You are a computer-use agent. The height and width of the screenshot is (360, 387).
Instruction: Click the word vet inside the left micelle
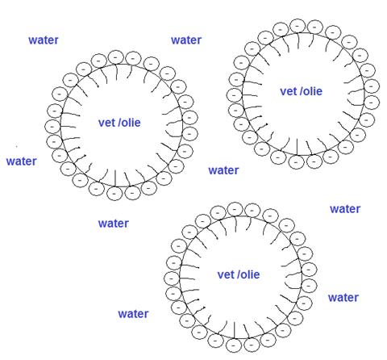click(x=107, y=123)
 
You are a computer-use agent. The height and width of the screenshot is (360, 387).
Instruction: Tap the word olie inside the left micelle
click(x=131, y=123)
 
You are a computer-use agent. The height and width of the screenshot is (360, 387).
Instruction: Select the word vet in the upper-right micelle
click(x=289, y=91)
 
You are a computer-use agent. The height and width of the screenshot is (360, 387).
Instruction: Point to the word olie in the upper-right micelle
click(x=313, y=91)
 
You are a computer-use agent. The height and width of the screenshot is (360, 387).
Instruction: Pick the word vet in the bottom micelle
click(x=226, y=274)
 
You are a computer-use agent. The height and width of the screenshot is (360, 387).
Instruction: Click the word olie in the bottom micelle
click(x=250, y=274)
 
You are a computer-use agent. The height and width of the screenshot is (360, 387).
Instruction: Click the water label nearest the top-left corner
click(x=44, y=40)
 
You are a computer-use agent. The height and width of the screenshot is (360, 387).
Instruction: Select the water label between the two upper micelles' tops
click(x=186, y=40)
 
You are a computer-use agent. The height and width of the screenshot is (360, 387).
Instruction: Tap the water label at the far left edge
click(x=22, y=161)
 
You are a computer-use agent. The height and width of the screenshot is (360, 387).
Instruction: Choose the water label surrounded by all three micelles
click(x=223, y=170)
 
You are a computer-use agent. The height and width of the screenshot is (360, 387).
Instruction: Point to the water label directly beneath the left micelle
click(x=114, y=224)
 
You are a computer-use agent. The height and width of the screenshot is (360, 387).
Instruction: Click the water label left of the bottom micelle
click(x=133, y=314)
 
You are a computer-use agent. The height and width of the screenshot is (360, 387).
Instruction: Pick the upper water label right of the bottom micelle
click(x=345, y=209)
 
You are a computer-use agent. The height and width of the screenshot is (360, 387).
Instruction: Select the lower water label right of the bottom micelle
click(x=343, y=298)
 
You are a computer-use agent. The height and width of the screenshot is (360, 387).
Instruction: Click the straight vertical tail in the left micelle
click(x=115, y=178)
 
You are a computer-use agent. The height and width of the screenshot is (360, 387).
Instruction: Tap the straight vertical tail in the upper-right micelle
click(x=297, y=147)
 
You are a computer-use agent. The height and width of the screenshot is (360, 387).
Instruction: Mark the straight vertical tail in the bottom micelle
click(x=235, y=330)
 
